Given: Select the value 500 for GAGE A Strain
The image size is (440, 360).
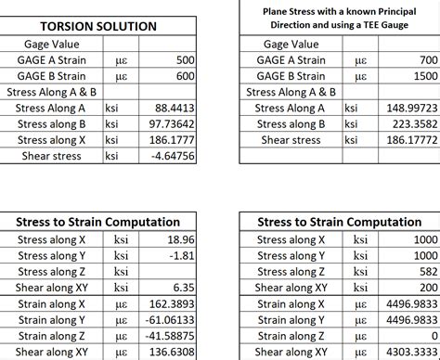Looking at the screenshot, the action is pos(183,60).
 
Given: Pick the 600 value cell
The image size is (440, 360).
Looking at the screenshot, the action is pos(183,76).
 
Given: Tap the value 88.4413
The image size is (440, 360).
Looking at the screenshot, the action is pos(173,109).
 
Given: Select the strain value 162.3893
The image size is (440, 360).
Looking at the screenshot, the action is pos(173,303).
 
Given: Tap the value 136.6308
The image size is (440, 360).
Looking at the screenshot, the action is pos(173,352).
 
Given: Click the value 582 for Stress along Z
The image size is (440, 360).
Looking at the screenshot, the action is pos(424,271).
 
